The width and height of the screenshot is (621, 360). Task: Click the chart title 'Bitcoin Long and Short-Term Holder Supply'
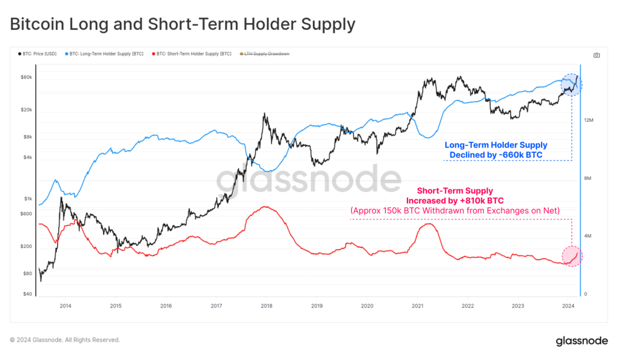pyautogui.click(x=182, y=24)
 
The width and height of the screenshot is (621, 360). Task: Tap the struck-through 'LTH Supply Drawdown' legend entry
pyautogui.click(x=266, y=55)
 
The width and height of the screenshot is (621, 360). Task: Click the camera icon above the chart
pyautogui.click(x=597, y=55)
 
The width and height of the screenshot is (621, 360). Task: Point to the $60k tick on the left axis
pyautogui.click(x=27, y=78)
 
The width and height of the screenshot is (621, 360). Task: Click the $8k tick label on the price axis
pyautogui.click(x=28, y=137)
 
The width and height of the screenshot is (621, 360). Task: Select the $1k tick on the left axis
pyautogui.click(x=28, y=199)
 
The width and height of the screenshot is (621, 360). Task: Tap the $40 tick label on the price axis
pyautogui.click(x=28, y=295)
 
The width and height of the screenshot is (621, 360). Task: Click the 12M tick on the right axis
pyautogui.click(x=588, y=121)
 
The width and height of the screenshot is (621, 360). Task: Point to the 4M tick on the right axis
pyautogui.click(x=588, y=236)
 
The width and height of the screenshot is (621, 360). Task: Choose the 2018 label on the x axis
pyautogui.click(x=266, y=306)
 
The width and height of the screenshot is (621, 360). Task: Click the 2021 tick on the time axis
pyautogui.click(x=417, y=306)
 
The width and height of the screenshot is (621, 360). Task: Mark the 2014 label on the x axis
pyautogui.click(x=65, y=306)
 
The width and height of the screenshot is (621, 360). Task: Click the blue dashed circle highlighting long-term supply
pyautogui.click(x=570, y=85)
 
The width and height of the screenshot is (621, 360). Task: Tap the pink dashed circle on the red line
pyautogui.click(x=571, y=256)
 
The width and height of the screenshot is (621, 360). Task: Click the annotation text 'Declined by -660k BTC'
pyautogui.click(x=495, y=155)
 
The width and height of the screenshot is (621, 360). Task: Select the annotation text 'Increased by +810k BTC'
pyautogui.click(x=454, y=201)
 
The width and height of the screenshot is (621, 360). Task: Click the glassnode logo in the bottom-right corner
pyautogui.click(x=582, y=341)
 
